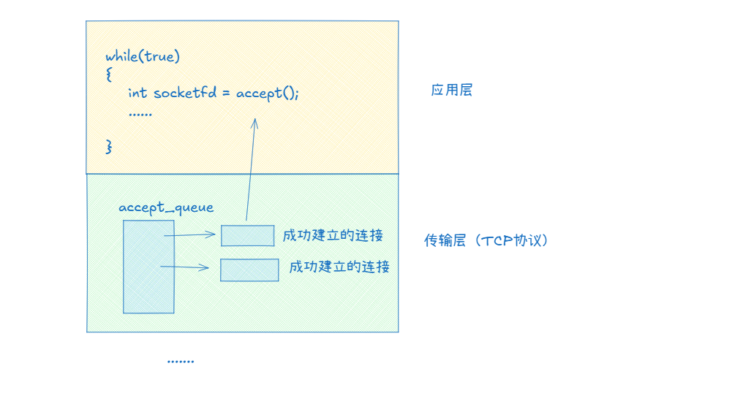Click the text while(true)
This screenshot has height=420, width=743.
(x=143, y=56)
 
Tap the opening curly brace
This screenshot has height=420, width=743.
(x=108, y=75)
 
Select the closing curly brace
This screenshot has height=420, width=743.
(x=109, y=146)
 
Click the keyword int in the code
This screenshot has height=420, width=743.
(x=137, y=93)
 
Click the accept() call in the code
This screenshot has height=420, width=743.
(x=267, y=93)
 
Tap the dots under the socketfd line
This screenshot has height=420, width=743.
(x=140, y=114)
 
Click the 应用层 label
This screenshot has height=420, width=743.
(x=451, y=90)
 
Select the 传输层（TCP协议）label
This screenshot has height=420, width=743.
(x=486, y=240)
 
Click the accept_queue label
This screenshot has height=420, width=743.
(x=166, y=207)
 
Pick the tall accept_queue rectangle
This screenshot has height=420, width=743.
(x=148, y=267)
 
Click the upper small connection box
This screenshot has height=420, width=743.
(x=248, y=235)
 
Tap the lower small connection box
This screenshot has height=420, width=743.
(x=249, y=270)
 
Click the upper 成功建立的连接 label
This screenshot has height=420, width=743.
(x=333, y=235)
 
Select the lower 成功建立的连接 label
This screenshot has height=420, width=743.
(x=339, y=267)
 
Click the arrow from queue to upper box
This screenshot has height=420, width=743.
(x=191, y=235)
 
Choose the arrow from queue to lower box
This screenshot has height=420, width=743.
(x=185, y=267)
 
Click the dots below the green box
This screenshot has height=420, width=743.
(x=180, y=361)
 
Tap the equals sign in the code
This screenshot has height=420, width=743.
(x=227, y=93)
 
